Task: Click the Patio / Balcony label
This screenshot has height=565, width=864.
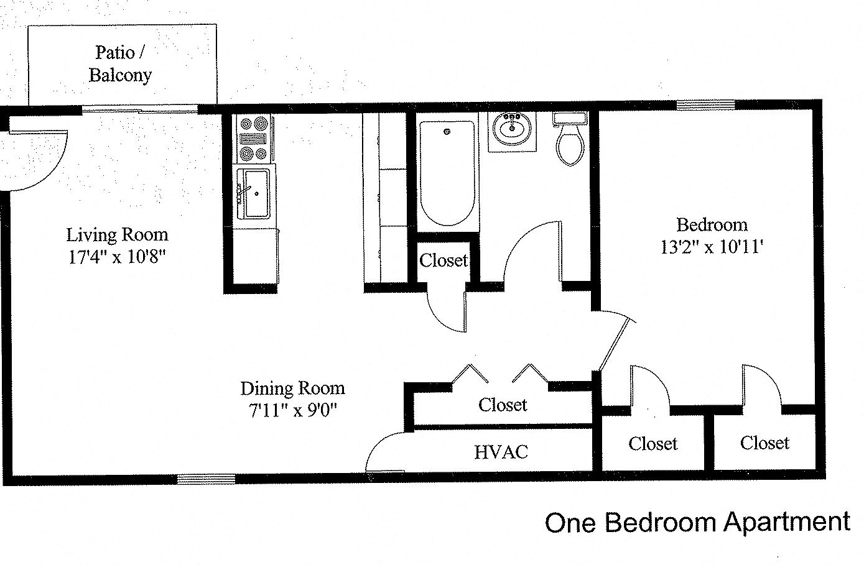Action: tap(120, 63)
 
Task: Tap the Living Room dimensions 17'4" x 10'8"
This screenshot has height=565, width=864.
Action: tap(118, 257)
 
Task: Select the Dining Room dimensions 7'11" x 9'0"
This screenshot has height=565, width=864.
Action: tap(292, 410)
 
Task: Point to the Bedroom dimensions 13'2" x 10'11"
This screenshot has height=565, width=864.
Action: tap(712, 247)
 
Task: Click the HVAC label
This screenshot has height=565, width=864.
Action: tap(501, 452)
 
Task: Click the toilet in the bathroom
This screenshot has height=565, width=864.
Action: tap(569, 139)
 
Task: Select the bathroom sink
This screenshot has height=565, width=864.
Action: tap(512, 130)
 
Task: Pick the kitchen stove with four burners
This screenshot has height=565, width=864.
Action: tap(253, 139)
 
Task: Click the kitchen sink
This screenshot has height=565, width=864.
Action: tap(253, 193)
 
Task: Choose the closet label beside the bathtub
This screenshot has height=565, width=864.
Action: tap(443, 260)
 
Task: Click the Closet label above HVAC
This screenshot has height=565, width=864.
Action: tap(503, 405)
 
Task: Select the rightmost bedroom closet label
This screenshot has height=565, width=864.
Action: tap(764, 443)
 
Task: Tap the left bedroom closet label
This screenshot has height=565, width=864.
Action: tap(653, 443)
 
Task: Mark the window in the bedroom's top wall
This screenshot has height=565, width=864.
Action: tap(706, 104)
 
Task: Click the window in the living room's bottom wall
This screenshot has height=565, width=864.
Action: tap(206, 479)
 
